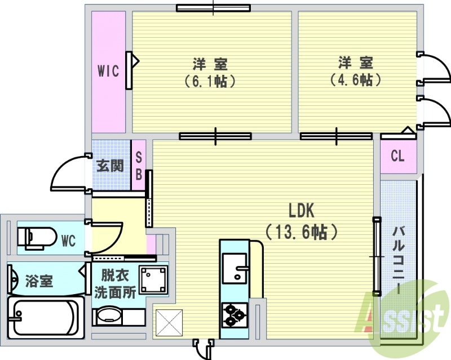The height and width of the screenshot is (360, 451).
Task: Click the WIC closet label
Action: [108, 71]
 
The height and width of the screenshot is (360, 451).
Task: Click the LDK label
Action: [301, 211]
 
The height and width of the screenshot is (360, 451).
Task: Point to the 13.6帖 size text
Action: [301, 232]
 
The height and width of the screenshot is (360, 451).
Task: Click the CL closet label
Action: [397, 156]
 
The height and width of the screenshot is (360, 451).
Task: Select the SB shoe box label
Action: [138, 167]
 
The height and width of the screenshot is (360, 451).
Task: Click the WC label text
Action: [68, 241]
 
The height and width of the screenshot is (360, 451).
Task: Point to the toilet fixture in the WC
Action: [37, 237]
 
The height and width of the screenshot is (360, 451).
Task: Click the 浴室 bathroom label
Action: [39, 281]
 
